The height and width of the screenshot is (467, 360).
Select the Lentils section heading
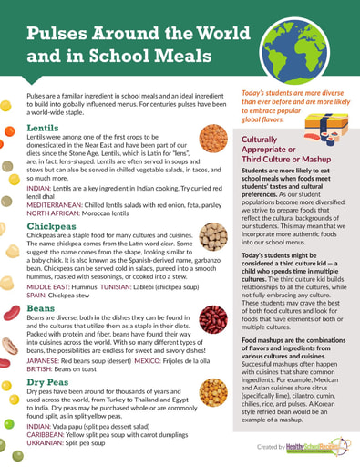point(46,128)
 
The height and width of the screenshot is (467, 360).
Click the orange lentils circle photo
point(213,138)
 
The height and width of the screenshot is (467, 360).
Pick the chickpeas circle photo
point(213,236)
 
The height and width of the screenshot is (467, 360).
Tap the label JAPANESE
point(45,359)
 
